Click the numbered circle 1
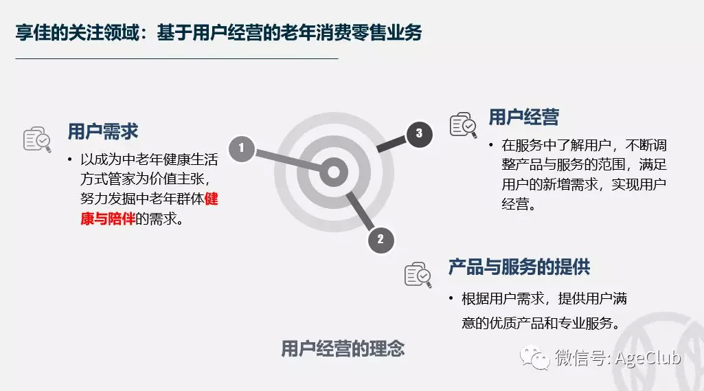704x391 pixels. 242,148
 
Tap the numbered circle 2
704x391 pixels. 381,240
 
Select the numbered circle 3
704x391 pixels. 419,134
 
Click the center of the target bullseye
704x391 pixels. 334,172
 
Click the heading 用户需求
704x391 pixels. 103,132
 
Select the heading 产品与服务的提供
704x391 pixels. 519,267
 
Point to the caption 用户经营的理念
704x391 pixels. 343,349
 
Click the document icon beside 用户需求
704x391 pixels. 37,139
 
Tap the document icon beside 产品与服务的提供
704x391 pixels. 418,275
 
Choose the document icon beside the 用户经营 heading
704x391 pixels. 463,125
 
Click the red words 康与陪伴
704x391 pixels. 108,219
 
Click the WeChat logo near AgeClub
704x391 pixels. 535,357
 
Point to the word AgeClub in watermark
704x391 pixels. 648,358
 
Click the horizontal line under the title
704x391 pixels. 177,58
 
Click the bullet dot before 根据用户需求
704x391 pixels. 451,298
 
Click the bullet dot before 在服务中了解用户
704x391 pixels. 491,145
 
